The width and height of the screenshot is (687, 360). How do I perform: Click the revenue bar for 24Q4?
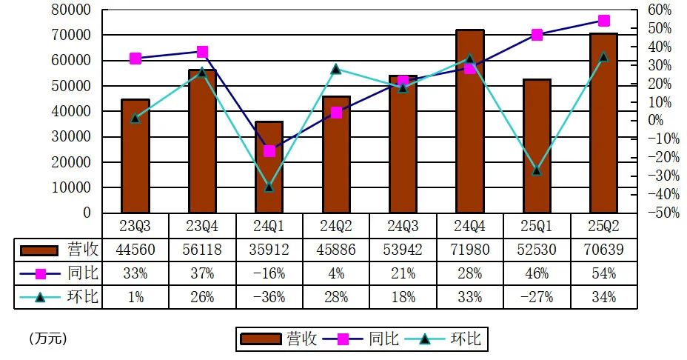click(470, 122)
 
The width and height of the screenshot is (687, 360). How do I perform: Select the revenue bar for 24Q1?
click(269, 167)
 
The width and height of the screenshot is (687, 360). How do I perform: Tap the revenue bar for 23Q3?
click(135, 156)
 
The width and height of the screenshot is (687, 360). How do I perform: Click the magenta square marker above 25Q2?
click(604, 21)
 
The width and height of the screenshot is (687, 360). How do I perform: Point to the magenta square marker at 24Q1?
click(269, 151)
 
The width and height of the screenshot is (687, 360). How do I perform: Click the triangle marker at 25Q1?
click(537, 170)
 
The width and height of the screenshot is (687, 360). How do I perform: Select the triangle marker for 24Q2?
click(336, 69)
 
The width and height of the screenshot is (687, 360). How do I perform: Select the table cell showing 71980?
click(470, 250)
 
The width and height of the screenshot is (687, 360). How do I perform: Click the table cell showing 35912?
click(269, 250)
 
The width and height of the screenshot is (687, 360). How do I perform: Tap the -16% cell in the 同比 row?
click(269, 273)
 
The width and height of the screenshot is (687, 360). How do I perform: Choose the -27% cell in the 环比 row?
click(537, 297)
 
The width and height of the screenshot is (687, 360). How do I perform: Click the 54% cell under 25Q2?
click(604, 273)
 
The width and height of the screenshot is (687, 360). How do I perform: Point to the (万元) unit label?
click(48, 339)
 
